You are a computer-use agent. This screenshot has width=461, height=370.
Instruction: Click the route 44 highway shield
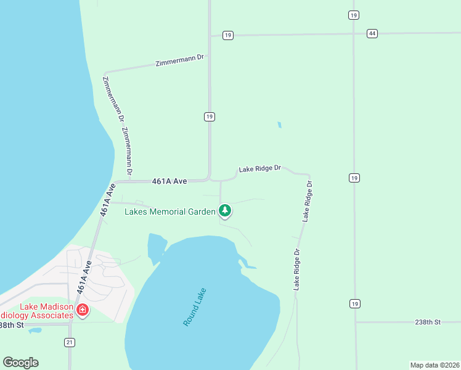(372, 33)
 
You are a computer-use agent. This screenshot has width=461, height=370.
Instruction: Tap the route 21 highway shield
(70, 342)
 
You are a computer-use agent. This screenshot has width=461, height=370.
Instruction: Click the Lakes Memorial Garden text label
(170, 212)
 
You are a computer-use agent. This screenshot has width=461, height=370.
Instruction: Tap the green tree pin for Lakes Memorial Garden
(226, 211)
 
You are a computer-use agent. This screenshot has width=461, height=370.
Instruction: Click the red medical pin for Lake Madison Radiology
(82, 310)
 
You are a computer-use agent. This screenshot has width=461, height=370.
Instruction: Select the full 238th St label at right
(428, 323)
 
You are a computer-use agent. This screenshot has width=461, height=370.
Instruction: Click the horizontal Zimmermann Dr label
(180, 59)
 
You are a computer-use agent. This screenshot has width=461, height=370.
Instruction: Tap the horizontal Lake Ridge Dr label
(260, 168)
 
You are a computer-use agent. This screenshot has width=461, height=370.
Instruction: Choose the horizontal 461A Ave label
(169, 181)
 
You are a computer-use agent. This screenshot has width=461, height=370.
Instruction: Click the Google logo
(20, 363)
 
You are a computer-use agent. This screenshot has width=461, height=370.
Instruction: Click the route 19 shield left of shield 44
(228, 36)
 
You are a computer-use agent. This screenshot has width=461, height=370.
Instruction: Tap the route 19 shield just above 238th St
(354, 303)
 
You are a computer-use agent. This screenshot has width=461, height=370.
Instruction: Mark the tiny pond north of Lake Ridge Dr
(279, 125)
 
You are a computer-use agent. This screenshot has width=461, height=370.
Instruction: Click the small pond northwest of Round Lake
(155, 246)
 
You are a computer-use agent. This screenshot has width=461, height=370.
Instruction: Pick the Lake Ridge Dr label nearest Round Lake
(297, 269)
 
